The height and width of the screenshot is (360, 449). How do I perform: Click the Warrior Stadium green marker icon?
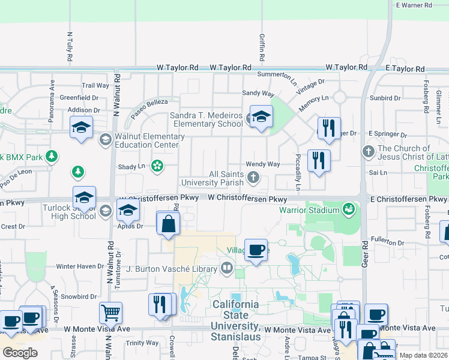point(348,209)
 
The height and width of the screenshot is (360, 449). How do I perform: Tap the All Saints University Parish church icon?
point(254,177)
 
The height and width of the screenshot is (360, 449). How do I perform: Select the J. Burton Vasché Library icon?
point(227,268)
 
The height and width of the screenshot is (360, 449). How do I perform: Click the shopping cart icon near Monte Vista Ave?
point(110,312)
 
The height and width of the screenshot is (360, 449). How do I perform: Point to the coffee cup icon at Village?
point(256,249)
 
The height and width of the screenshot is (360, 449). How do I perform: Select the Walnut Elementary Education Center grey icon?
point(105,139)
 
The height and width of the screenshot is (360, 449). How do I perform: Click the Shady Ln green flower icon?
point(157,166)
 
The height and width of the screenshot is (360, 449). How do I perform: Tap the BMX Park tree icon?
point(52,157)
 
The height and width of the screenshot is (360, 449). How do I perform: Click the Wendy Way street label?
point(263,164)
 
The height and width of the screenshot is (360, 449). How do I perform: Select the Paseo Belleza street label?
point(149,106)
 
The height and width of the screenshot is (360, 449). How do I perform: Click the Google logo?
point(20,353)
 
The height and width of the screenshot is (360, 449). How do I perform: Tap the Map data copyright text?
point(423,355)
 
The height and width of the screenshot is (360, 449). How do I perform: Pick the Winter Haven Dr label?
point(80,266)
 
